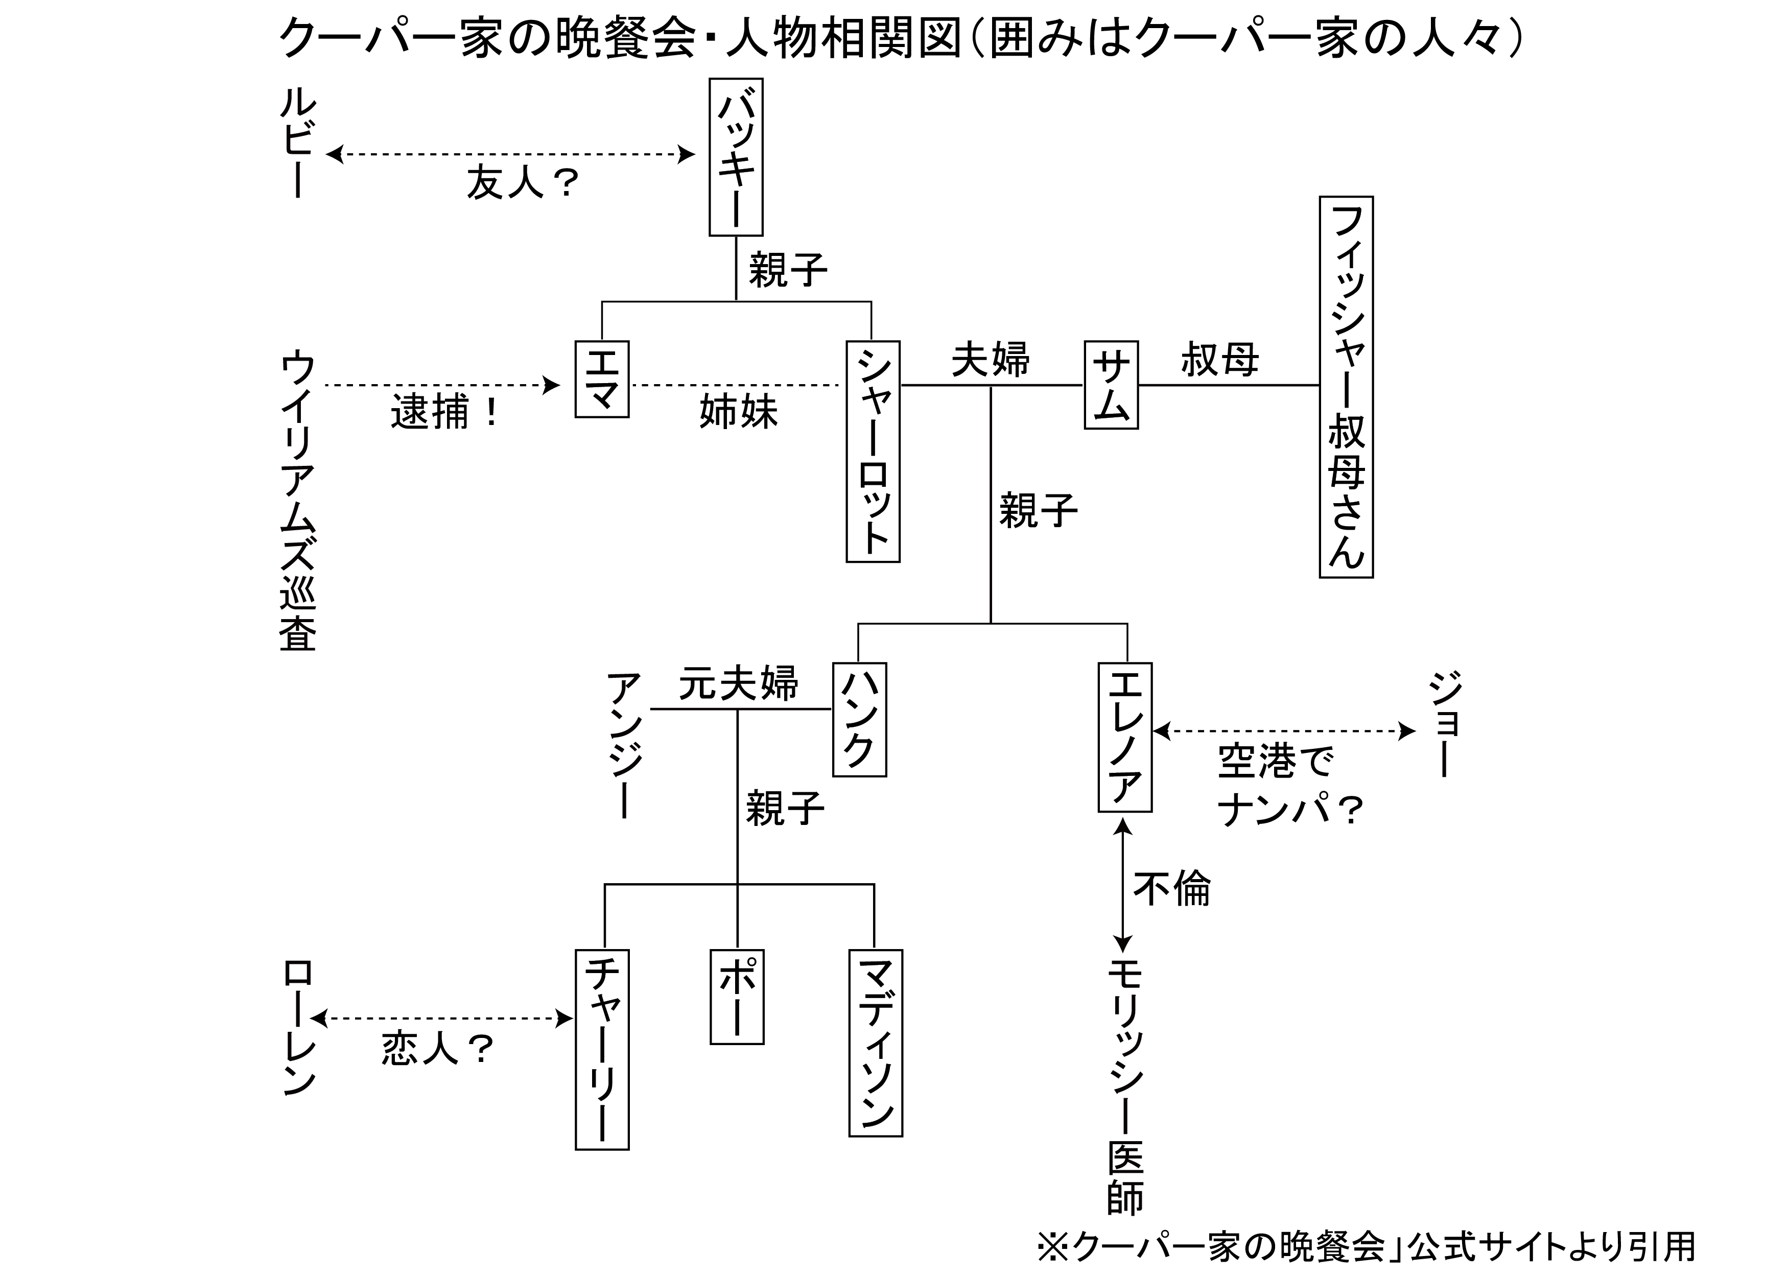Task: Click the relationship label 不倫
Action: pyautogui.click(x=1171, y=889)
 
